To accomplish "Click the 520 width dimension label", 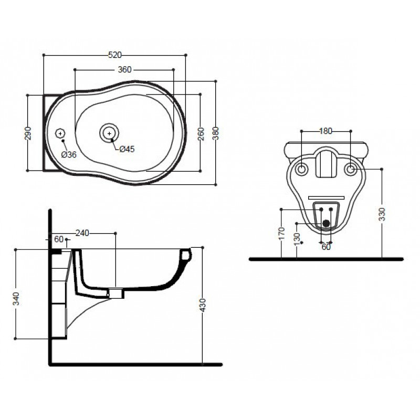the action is pyautogui.click(x=114, y=55).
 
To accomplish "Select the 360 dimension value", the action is pyautogui.click(x=125, y=70).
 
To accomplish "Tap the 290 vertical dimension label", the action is pyautogui.click(x=28, y=133).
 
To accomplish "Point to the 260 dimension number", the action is pyautogui.click(x=201, y=134).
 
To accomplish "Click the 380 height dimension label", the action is pyautogui.click(x=216, y=133).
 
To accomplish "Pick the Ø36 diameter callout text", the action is pyautogui.click(x=69, y=154).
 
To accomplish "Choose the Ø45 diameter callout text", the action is pyautogui.click(x=127, y=149).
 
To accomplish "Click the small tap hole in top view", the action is pyautogui.click(x=60, y=133).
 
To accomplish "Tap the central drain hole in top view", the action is pyautogui.click(x=109, y=133).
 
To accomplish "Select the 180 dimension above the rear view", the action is pyautogui.click(x=325, y=131).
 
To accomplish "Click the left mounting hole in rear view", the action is pyautogui.click(x=301, y=169).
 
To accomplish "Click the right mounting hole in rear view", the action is pyautogui.click(x=351, y=169).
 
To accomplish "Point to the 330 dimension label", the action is pyautogui.click(x=382, y=214).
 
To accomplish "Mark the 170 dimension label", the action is pyautogui.click(x=281, y=233).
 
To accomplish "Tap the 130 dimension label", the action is pyautogui.click(x=297, y=239).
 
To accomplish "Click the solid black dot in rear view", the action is pyautogui.click(x=326, y=223).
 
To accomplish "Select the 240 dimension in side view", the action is pyautogui.click(x=82, y=233).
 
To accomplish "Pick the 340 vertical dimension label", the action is pyautogui.click(x=16, y=299).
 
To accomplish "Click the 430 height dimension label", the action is pyautogui.click(x=203, y=305).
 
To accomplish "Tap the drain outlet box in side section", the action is pyautogui.click(x=116, y=293).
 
